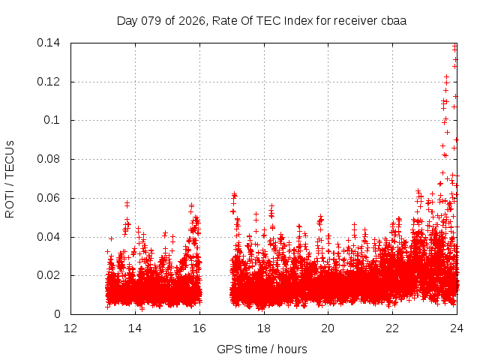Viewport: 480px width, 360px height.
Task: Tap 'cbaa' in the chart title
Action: pyautogui.click(x=394, y=21)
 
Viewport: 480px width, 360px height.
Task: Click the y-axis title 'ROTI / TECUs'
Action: pyautogui.click(x=10, y=178)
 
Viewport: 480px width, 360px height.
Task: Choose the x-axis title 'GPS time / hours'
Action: pyautogui.click(x=262, y=349)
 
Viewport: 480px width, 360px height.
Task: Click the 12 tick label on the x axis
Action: pyautogui.click(x=70, y=328)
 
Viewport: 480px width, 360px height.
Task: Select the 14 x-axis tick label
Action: pyautogui.click(x=135, y=328)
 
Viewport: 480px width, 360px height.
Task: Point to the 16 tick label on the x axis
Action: pyautogui.click(x=199, y=328)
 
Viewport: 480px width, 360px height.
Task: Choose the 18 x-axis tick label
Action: pyautogui.click(x=264, y=328)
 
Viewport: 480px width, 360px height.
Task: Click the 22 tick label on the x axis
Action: pyautogui.click(x=393, y=328)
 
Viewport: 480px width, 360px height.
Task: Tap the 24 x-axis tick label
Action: pyautogui.click(x=457, y=328)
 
